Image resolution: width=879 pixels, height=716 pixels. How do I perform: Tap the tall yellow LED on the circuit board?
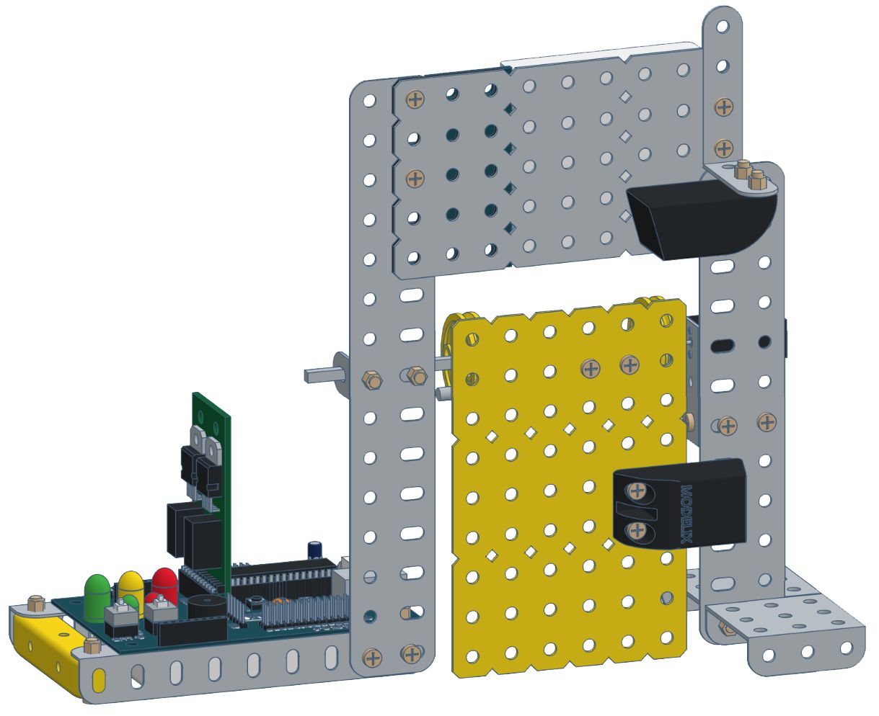(x=131, y=585)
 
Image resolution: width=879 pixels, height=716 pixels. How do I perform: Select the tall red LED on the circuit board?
(x=164, y=583)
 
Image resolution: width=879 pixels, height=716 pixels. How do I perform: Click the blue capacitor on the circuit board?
(x=315, y=550)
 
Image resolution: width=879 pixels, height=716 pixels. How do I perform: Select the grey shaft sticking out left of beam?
(x=321, y=374)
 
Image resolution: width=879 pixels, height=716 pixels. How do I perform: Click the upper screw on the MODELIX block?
(x=636, y=493)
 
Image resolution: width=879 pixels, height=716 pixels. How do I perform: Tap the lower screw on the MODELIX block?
(x=636, y=532)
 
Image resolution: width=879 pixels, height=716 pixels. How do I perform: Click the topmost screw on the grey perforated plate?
(x=415, y=99)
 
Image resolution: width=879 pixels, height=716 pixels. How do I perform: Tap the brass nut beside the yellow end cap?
(x=35, y=602)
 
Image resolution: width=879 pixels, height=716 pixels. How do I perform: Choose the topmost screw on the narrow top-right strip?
(x=723, y=109)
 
